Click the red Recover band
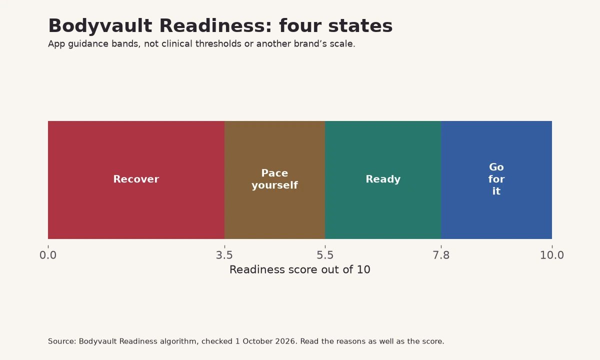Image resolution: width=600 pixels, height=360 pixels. point(136,179)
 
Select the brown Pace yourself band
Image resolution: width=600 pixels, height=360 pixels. point(274,179)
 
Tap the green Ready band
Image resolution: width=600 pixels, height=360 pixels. point(383,179)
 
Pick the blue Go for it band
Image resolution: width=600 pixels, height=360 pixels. point(496,179)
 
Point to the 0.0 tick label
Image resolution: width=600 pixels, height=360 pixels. point(48,255)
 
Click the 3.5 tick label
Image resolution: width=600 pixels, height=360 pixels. point(224,255)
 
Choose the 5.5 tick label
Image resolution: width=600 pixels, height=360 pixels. point(325,255)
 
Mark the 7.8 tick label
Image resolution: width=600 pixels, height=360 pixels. point(441,255)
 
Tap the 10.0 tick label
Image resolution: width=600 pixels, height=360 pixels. point(552,255)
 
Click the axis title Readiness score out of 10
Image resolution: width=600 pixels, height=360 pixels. point(299,269)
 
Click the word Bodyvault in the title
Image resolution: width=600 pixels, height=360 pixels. point(100,26)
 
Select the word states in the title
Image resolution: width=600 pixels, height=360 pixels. point(360,26)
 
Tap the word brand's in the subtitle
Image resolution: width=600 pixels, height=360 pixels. point(310,43)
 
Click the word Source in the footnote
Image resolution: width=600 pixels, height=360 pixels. point(61,341)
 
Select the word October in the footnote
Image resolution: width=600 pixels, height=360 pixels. point(257,341)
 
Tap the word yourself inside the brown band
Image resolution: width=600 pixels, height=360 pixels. point(274,185)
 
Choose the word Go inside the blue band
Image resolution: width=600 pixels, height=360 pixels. point(496,167)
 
